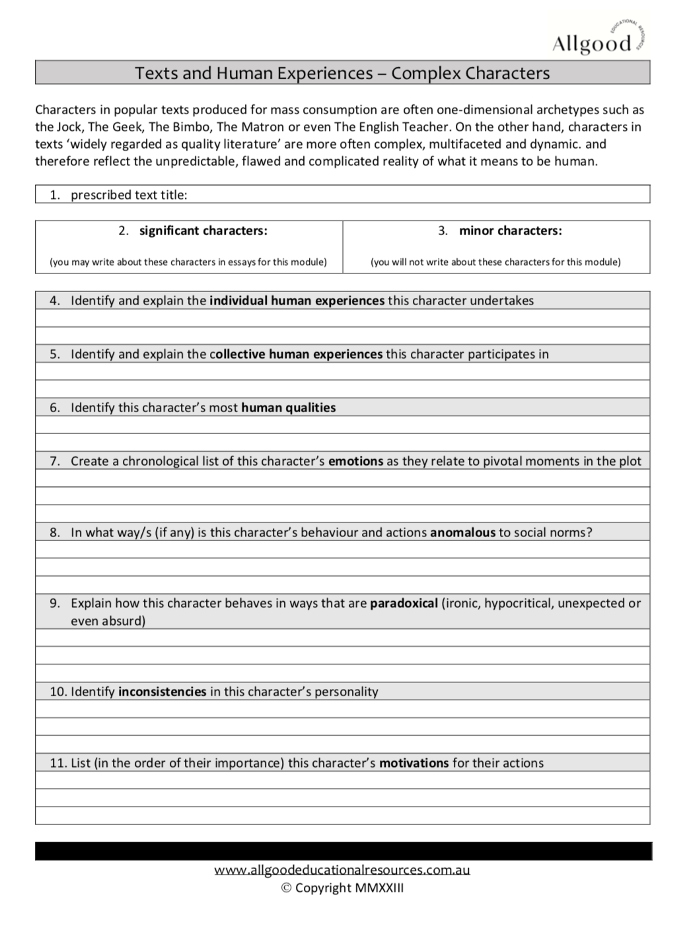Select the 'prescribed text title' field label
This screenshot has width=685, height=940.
click(x=129, y=195)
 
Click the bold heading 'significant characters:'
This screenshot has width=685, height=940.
click(x=203, y=231)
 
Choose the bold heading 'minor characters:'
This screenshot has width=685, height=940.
click(x=510, y=231)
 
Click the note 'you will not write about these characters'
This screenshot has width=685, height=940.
click(x=495, y=262)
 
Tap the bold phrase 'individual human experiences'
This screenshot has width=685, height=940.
click(x=297, y=301)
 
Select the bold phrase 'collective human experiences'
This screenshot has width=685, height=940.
click(x=296, y=354)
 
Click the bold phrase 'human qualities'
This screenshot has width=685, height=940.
click(x=288, y=408)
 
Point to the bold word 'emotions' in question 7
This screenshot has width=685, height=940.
click(x=355, y=461)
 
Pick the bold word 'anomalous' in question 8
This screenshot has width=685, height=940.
click(x=462, y=532)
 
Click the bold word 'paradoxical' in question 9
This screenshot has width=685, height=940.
click(x=404, y=603)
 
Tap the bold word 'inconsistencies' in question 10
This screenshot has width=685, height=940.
click(x=162, y=692)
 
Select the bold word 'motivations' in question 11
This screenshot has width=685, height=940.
click(x=414, y=763)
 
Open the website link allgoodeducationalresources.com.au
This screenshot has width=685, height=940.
click(x=342, y=870)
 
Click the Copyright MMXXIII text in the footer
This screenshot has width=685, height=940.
click(x=342, y=888)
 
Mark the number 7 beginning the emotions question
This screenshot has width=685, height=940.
click(x=54, y=461)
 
